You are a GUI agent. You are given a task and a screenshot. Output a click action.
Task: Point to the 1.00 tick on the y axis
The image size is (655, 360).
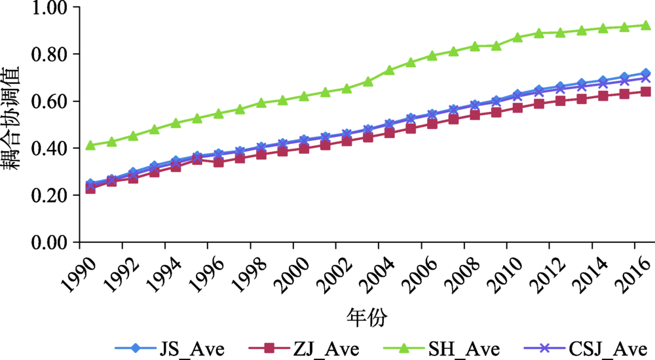pos(50,8)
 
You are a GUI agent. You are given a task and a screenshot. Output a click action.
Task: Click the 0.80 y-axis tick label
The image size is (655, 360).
pos(50,54)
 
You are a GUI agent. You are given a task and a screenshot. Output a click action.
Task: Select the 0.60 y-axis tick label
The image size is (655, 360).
pos(50,101)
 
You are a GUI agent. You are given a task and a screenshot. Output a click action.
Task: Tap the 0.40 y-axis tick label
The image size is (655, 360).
pos(50,149)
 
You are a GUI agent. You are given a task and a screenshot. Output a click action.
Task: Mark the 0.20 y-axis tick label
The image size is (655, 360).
pos(50,196)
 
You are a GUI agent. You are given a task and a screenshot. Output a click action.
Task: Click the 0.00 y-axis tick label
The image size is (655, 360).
pos(50,243)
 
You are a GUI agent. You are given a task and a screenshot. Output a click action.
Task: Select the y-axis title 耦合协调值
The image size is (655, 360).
pos(16,124)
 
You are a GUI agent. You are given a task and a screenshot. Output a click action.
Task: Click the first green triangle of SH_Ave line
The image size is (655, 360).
pos(90,145)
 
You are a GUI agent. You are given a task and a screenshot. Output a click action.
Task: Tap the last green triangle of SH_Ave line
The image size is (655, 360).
pos(645,25)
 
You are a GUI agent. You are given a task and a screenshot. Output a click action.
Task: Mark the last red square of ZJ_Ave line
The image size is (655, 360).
pos(645,92)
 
